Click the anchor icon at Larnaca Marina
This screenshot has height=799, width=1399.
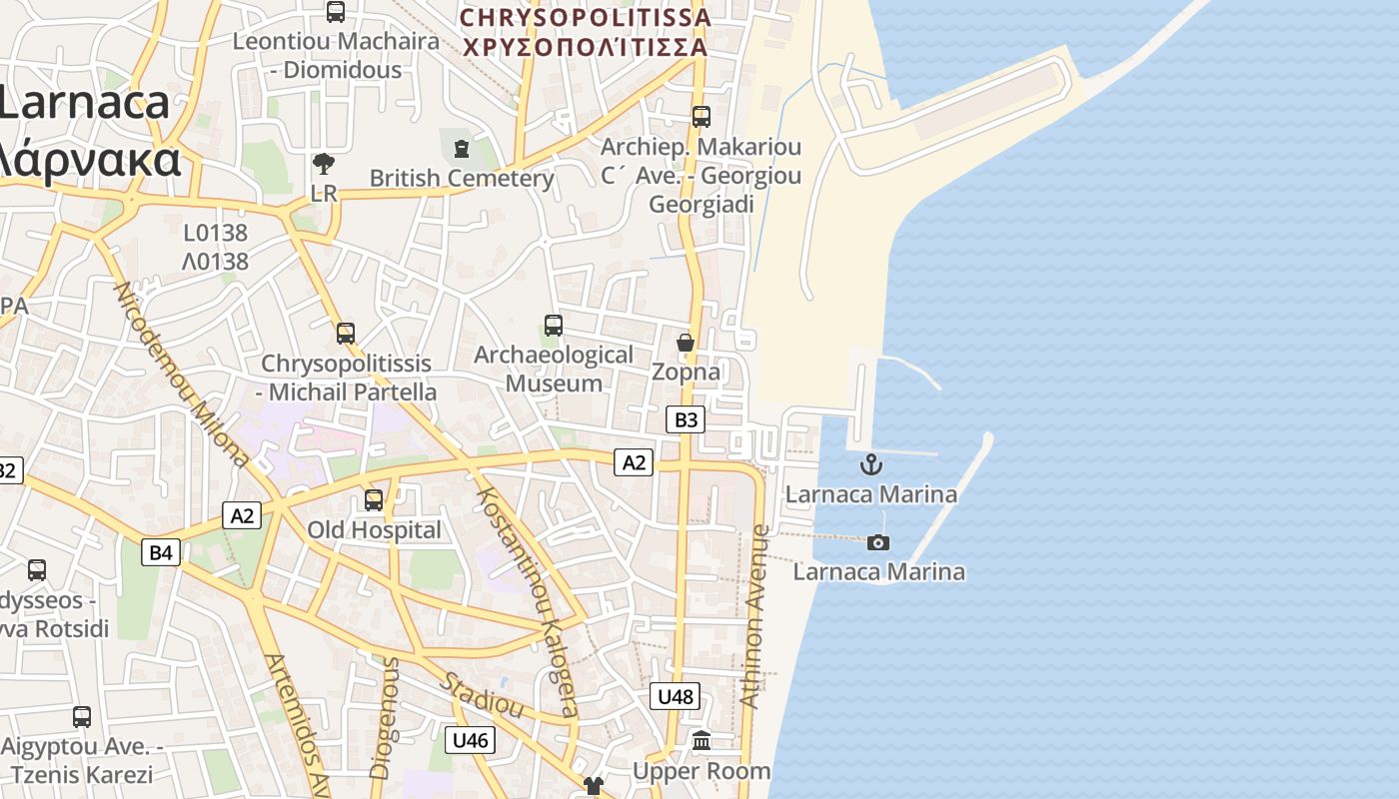pyautogui.click(x=871, y=464)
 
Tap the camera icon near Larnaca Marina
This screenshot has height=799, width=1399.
pyautogui.click(x=878, y=542)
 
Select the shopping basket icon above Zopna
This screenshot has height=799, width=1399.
pyautogui.click(x=686, y=344)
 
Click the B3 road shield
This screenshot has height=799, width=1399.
pyautogui.click(x=686, y=419)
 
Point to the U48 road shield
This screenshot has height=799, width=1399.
pyautogui.click(x=676, y=696)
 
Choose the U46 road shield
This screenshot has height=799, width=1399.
pyautogui.click(x=469, y=740)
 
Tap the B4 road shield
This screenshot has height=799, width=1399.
pyautogui.click(x=160, y=552)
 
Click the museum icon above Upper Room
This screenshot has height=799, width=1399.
pyautogui.click(x=701, y=741)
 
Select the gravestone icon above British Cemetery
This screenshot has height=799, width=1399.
pyautogui.click(x=461, y=149)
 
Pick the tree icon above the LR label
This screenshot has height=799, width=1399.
pyautogui.click(x=324, y=164)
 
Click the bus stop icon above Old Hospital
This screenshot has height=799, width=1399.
pyautogui.click(x=374, y=500)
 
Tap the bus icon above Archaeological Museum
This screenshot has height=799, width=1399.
pyautogui.click(x=554, y=326)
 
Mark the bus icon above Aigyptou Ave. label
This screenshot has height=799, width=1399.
pyautogui.click(x=82, y=717)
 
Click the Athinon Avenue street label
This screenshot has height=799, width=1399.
pyautogui.click(x=756, y=616)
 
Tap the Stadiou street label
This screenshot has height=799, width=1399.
pyautogui.click(x=484, y=695)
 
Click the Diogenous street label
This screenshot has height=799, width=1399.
pyautogui.click(x=384, y=717)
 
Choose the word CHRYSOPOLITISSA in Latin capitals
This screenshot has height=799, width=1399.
pyautogui.click(x=586, y=17)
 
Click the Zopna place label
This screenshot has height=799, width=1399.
pyautogui.click(x=686, y=373)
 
